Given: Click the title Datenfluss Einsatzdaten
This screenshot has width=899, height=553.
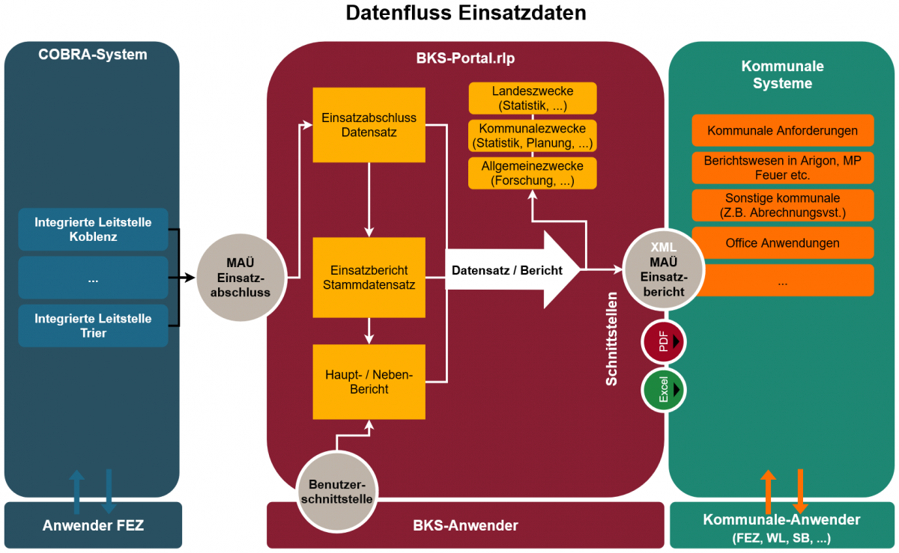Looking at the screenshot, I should pyautogui.click(x=465, y=13).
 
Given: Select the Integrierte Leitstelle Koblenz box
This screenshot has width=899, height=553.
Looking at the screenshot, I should pyautogui.click(x=93, y=230).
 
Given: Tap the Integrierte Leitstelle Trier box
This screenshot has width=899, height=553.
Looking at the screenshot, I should pyautogui.click(x=93, y=326).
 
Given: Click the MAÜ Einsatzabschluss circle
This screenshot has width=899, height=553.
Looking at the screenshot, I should pyautogui.click(x=240, y=278).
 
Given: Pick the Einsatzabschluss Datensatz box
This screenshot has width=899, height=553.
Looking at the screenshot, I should pyautogui.click(x=369, y=125).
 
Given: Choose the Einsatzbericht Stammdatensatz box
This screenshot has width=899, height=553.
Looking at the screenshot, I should pyautogui.click(x=369, y=277).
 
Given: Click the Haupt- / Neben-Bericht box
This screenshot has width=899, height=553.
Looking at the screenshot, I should pyautogui.click(x=369, y=382).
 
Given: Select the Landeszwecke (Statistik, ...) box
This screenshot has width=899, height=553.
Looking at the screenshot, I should pyautogui.click(x=533, y=98).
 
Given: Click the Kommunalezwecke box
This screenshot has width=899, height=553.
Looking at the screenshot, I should pyautogui.click(x=533, y=135).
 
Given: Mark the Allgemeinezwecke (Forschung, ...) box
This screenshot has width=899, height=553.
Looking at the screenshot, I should pyautogui.click(x=533, y=173).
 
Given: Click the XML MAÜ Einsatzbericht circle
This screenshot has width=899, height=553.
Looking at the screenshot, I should pyautogui.click(x=663, y=269).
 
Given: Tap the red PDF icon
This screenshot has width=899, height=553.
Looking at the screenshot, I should pyautogui.click(x=663, y=342).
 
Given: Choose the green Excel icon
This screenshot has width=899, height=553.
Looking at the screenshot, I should pyautogui.click(x=663, y=390).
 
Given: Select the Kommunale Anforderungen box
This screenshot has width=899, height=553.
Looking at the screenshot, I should pyautogui.click(x=783, y=131).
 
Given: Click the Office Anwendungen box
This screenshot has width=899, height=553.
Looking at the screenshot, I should pyautogui.click(x=783, y=243).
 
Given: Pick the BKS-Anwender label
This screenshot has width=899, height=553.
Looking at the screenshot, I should pyautogui.click(x=465, y=525).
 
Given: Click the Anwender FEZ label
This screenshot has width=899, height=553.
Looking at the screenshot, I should pyautogui.click(x=93, y=525).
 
